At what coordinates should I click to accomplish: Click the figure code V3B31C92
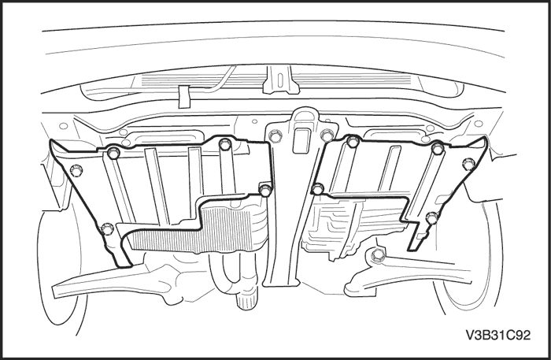point(498,335)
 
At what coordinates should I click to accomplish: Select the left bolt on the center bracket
point(275,135)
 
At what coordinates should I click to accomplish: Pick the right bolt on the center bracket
point(327,135)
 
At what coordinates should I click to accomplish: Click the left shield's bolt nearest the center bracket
point(265,190)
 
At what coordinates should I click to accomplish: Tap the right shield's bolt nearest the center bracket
point(318,189)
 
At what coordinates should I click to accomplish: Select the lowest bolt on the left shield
point(106,229)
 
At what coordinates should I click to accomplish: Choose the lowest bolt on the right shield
point(432,218)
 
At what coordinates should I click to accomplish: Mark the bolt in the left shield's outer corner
point(76,170)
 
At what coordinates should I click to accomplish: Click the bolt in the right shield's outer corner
point(468,164)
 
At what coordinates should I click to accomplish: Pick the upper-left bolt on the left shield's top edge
point(113,153)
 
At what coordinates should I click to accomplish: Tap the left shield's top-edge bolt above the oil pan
point(224,143)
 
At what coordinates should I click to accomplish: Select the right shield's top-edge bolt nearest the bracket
point(353,141)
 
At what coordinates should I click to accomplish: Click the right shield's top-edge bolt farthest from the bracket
point(438,148)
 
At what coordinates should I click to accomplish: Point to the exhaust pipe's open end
point(247,302)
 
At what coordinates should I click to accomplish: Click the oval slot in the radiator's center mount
point(279,80)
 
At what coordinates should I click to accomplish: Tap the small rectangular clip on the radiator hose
point(183,96)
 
